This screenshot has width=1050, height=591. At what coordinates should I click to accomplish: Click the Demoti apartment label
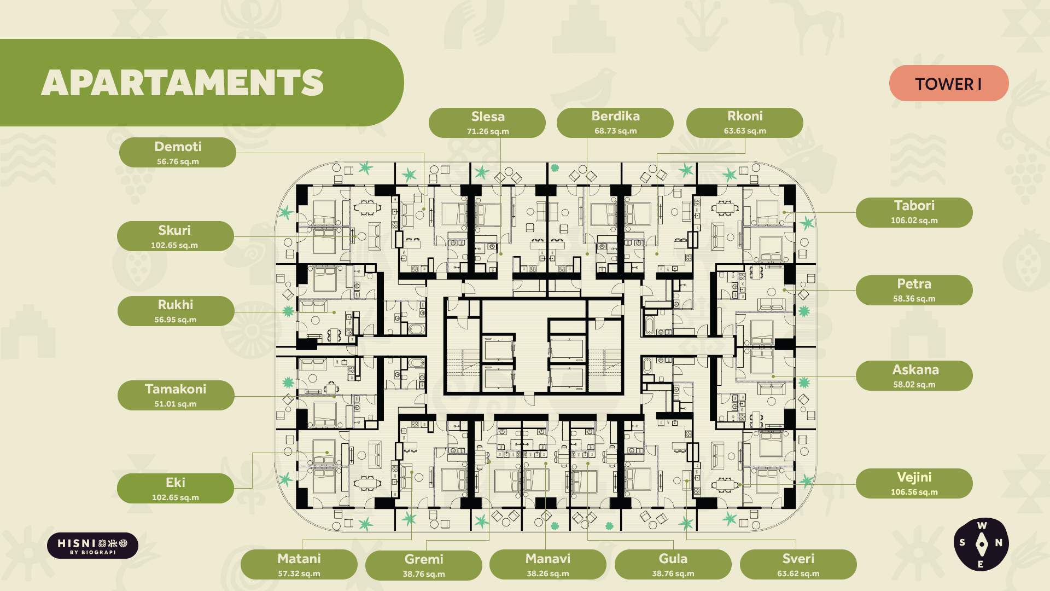[x=178, y=153]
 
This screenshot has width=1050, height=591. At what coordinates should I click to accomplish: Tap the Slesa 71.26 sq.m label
[x=487, y=123]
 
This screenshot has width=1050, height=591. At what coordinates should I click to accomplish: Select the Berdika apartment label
[x=615, y=123]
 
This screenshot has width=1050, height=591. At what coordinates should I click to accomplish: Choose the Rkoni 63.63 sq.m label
[x=745, y=123]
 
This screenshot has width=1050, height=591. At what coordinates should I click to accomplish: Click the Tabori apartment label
[x=914, y=212]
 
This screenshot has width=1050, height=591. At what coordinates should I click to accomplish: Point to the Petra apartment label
[x=914, y=291]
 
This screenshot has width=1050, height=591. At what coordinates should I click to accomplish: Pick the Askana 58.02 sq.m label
[x=914, y=376]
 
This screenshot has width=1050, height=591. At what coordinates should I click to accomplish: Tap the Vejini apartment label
[x=914, y=483]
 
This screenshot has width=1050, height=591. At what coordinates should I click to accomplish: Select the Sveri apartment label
[x=798, y=565]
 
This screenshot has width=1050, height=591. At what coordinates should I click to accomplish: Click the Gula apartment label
[x=673, y=565]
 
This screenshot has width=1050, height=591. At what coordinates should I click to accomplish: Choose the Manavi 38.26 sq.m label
[x=548, y=565]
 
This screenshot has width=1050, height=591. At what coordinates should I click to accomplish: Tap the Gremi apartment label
[x=424, y=565]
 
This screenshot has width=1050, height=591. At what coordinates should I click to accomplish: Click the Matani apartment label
[x=299, y=565]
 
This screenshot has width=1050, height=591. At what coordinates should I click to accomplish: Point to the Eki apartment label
[x=176, y=489]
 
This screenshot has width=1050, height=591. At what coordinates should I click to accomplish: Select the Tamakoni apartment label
[x=176, y=396]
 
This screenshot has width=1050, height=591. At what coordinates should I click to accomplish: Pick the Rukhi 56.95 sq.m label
[x=176, y=311]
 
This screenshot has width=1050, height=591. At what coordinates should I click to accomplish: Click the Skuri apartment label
[x=176, y=236]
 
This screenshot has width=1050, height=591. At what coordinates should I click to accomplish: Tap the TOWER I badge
[x=949, y=83]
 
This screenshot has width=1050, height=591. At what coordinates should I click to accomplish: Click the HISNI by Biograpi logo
[x=92, y=546]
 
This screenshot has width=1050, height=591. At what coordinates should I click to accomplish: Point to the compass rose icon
[x=981, y=544]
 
